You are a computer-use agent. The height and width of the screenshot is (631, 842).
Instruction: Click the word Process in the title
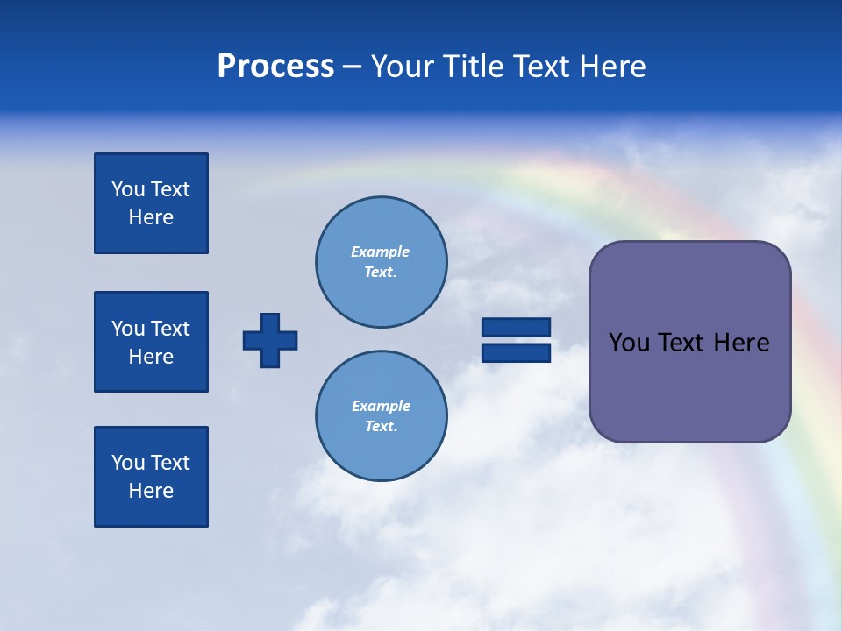(275, 67)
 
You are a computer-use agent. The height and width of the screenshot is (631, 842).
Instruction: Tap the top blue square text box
(151, 203)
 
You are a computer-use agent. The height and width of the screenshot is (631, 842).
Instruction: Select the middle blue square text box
(151, 342)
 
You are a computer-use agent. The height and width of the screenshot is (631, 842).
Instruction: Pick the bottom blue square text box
(151, 477)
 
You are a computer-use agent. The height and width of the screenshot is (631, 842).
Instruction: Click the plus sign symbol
(270, 340)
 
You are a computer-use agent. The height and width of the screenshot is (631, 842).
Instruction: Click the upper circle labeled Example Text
(382, 262)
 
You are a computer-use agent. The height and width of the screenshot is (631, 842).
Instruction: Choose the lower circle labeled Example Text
(382, 416)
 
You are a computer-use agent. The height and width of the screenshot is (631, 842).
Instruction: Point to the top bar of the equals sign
(516, 327)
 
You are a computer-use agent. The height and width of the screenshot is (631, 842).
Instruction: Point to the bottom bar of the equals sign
(516, 353)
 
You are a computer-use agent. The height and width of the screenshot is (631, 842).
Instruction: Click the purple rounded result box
(689, 386)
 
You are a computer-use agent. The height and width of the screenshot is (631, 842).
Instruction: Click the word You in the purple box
(629, 343)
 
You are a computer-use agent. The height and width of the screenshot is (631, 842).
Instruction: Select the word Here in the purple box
(741, 343)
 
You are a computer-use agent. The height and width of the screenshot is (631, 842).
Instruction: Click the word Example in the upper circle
(381, 252)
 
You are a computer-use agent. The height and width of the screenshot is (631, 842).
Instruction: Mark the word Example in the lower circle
(381, 407)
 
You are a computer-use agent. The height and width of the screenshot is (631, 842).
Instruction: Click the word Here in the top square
(151, 217)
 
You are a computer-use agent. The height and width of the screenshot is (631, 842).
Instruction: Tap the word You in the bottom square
(128, 463)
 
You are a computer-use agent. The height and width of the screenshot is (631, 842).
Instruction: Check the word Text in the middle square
(170, 329)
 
